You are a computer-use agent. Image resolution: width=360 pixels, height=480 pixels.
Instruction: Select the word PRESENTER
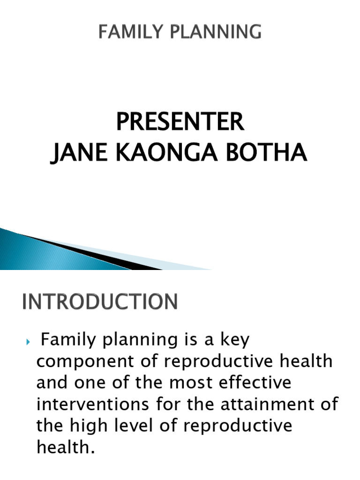[180, 122]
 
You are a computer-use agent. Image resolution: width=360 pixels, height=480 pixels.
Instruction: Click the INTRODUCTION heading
[100, 301]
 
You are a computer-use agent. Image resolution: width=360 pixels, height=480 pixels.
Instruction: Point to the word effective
[254, 382]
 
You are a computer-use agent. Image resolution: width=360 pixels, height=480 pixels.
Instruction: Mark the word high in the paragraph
[86, 425]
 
